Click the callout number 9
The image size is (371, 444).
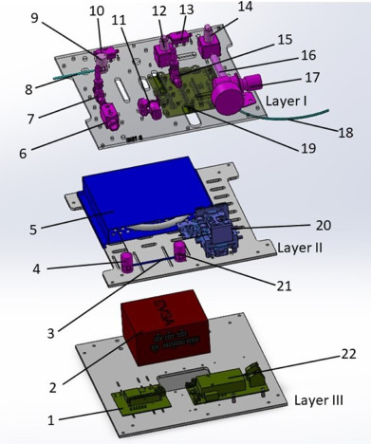point(34,18)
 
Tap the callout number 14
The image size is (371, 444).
point(246,6)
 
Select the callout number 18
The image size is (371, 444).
point(345,133)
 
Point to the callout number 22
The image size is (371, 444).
point(349,354)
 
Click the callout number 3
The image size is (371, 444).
point(50,333)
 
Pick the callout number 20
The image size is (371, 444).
point(324,225)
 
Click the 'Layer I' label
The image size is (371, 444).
point(287,101)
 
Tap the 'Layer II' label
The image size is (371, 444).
point(300,248)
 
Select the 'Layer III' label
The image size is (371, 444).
point(319,400)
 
